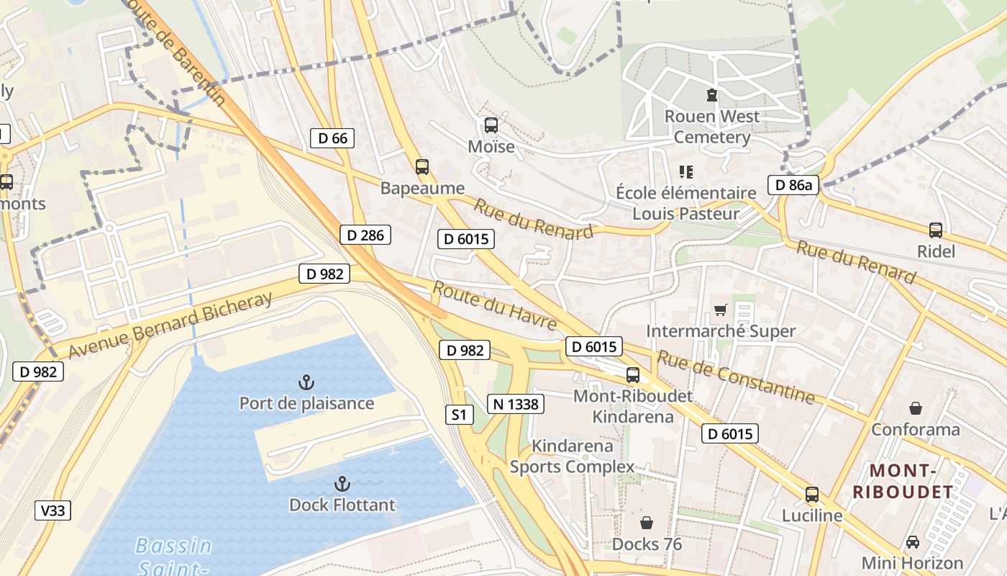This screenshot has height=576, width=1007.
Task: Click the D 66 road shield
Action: [332, 138]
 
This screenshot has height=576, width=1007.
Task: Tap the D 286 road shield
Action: [365, 235]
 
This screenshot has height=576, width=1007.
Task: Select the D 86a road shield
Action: [794, 185]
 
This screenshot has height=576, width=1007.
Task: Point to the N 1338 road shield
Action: [516, 404]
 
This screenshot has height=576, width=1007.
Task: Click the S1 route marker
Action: [459, 415]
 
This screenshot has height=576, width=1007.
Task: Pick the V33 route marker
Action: [53, 511]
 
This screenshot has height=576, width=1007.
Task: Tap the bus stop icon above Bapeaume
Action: [422, 167]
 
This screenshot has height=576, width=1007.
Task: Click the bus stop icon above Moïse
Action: [491, 125]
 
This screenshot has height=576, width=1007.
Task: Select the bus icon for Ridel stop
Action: [935, 230]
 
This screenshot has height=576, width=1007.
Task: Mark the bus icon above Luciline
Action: [811, 495]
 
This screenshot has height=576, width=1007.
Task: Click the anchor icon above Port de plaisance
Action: [306, 382]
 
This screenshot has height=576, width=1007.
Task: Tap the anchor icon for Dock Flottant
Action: [342, 484]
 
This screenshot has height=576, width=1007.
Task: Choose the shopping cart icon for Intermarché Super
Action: [720, 310]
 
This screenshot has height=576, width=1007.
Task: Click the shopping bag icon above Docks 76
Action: [647, 523]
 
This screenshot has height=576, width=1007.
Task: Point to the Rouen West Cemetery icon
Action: [711, 95]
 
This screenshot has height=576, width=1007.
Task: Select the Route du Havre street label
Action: [494, 306]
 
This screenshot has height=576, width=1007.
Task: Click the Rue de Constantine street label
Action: [735, 377]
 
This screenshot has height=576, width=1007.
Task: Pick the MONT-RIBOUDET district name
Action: [902, 482]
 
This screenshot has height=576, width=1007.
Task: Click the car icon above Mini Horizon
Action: [912, 542]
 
